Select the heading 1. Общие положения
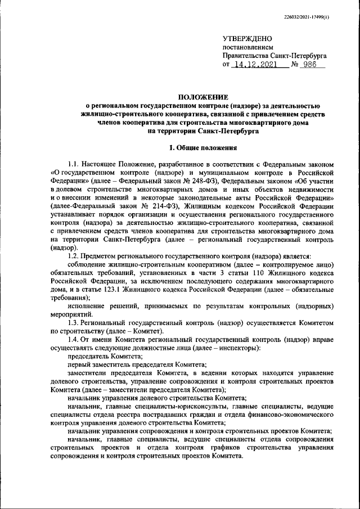click(x=203, y=148)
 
